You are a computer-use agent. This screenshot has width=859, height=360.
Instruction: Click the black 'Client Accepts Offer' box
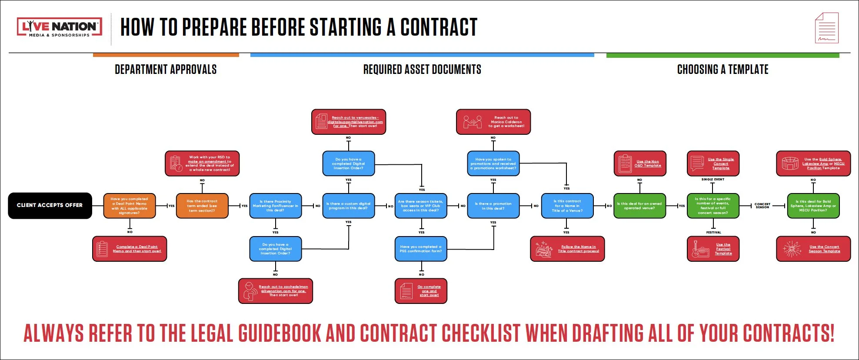point(50,205)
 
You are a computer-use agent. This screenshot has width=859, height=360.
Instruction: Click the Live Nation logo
point(60,27)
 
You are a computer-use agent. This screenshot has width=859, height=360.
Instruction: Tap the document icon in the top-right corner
point(826,28)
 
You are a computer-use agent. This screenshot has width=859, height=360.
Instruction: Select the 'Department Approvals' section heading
point(166,70)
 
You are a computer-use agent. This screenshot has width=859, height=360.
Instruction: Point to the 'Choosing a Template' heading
point(722,70)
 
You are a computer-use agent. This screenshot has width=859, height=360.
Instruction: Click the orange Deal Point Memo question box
point(130,206)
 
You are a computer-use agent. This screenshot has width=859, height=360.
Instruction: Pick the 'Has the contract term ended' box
point(202,206)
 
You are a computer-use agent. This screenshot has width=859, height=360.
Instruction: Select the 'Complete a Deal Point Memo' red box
point(130,249)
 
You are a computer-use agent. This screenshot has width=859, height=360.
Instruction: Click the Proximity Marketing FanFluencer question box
point(275,206)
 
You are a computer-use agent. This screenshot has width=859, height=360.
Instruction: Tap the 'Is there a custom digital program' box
point(348,206)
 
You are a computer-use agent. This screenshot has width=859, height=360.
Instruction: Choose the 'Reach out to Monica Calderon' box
point(493,122)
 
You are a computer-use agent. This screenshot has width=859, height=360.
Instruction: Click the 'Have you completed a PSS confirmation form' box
point(420,249)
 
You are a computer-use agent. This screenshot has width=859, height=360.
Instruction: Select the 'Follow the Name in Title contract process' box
point(567,249)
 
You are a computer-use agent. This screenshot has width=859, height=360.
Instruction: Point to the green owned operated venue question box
point(639,206)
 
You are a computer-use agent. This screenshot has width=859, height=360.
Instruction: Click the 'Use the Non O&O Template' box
point(639,163)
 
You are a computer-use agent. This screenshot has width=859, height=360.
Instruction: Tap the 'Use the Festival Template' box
point(713,249)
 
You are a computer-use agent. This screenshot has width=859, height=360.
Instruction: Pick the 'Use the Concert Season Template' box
point(813,249)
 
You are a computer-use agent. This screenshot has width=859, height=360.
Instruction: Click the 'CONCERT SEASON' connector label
point(762,206)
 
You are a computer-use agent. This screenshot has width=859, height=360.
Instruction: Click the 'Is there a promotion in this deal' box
point(493,206)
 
